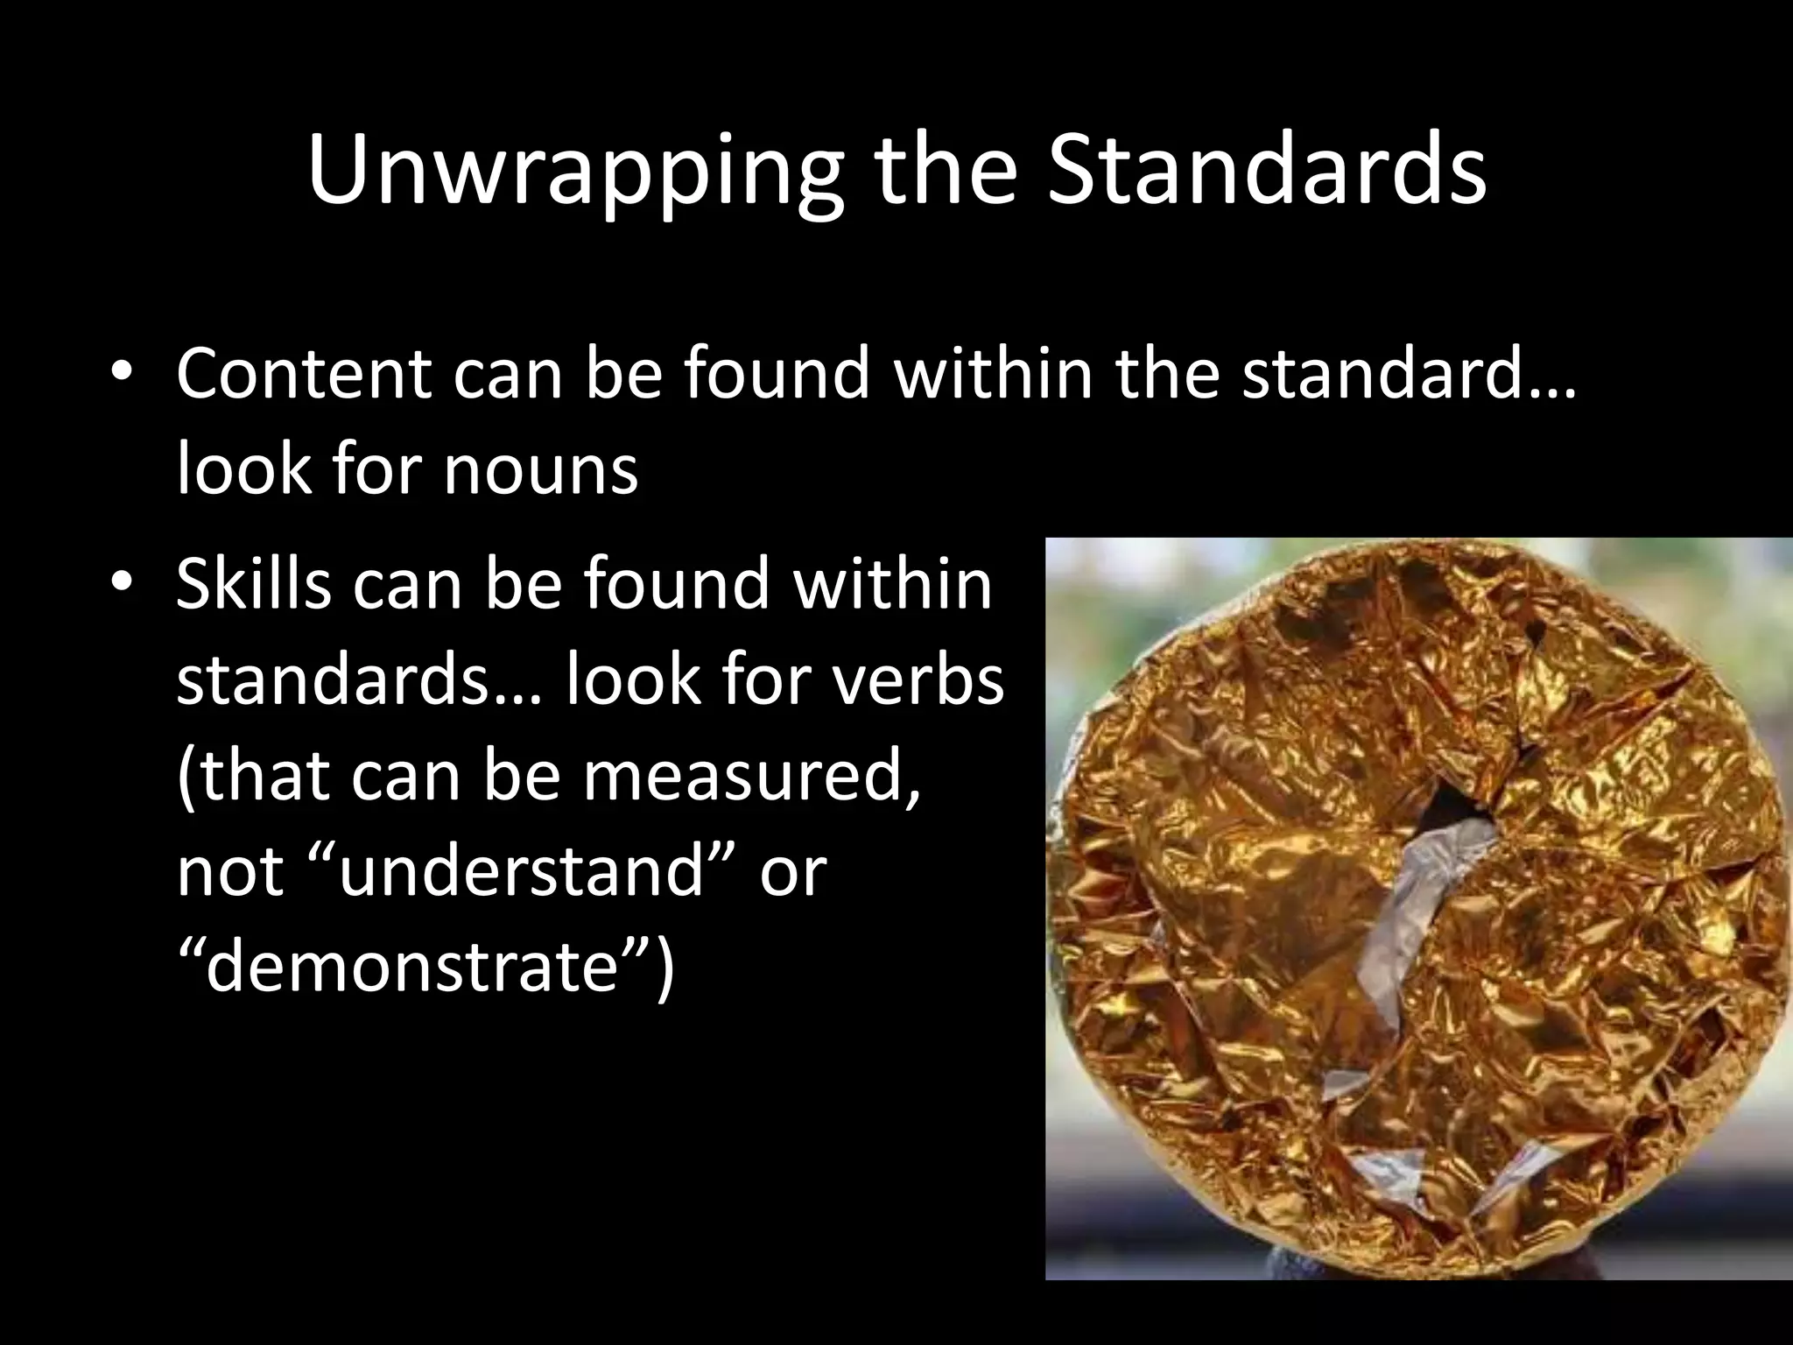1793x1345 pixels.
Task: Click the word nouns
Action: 539,470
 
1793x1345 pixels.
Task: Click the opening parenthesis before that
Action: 186,778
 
